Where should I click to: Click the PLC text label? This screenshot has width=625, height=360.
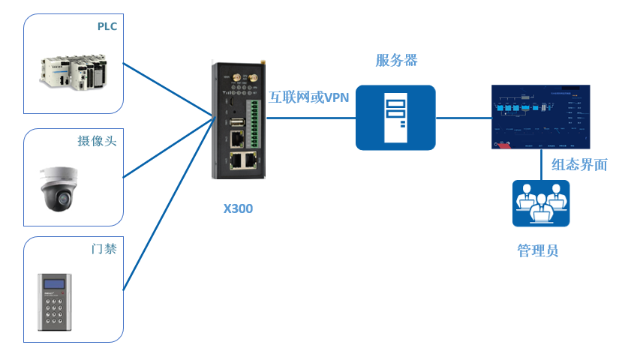point(107,27)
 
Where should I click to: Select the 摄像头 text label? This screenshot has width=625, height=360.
point(98,141)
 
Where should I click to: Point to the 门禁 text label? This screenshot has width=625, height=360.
point(104,249)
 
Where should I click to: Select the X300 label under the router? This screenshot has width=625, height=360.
point(238,208)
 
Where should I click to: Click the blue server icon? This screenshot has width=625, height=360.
point(395,118)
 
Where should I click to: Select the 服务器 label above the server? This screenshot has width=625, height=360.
point(396,61)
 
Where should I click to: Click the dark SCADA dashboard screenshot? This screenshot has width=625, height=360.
point(540,116)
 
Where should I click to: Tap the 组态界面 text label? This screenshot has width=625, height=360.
point(579,165)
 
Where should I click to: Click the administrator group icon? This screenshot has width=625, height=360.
point(540,203)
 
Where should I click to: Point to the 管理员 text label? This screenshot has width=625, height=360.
point(537,250)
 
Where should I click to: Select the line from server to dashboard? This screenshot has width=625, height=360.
point(463,118)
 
